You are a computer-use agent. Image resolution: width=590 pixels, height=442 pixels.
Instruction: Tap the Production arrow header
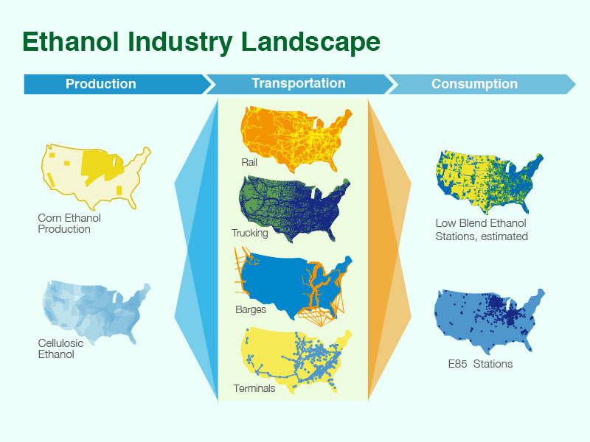[x=101, y=84]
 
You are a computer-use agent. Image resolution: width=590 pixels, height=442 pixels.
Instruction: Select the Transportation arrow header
[x=298, y=83]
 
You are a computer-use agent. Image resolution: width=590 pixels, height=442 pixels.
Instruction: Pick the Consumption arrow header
[x=474, y=84]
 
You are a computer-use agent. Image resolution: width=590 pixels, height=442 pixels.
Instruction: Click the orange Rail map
[x=295, y=136]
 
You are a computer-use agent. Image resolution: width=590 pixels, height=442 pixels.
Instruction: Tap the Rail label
[x=249, y=162]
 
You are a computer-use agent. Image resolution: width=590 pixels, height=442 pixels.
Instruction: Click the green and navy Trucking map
[x=295, y=210]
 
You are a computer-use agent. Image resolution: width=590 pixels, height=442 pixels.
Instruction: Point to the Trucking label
[x=249, y=234]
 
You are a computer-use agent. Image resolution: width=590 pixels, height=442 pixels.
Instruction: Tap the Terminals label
[x=254, y=388]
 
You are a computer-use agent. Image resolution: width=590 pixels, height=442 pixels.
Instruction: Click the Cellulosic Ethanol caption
[x=62, y=348]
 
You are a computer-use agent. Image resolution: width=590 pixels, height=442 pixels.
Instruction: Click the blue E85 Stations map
[x=487, y=317]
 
